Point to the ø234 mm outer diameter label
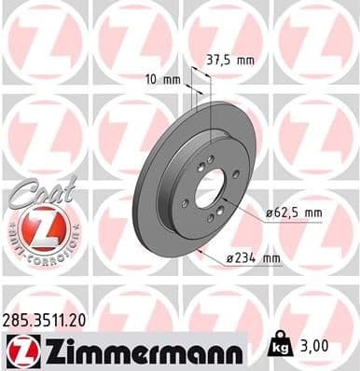255,258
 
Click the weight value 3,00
315,346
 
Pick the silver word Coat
35,188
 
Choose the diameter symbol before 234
229,258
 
